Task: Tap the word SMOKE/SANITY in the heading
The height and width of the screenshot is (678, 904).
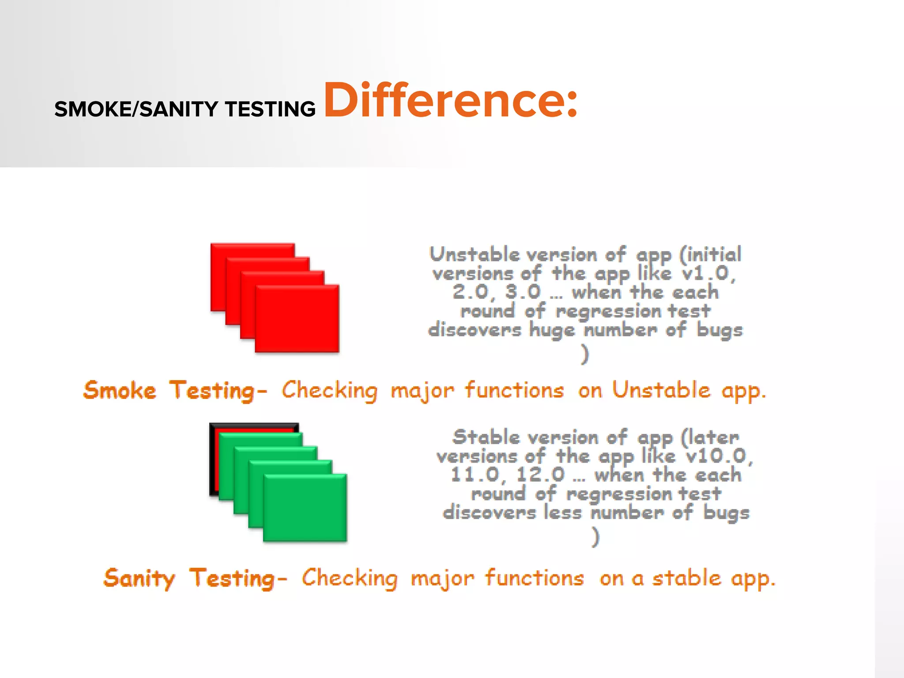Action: click(136, 109)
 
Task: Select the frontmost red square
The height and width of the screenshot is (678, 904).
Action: click(297, 319)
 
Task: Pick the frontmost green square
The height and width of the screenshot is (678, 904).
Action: click(305, 508)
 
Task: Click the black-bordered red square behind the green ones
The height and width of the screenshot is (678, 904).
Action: click(214, 459)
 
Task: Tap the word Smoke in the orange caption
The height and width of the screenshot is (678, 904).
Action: click(120, 391)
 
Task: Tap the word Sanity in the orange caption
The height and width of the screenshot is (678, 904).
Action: click(139, 578)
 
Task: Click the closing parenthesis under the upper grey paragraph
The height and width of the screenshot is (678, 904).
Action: click(585, 354)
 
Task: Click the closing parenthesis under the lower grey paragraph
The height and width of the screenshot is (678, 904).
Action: click(596, 537)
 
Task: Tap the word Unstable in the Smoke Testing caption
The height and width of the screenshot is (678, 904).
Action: click(661, 391)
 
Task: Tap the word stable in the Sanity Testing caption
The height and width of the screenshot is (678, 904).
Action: click(686, 578)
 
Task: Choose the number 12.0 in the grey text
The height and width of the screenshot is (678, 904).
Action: click(540, 475)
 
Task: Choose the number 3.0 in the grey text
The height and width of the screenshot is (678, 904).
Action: click(523, 292)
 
